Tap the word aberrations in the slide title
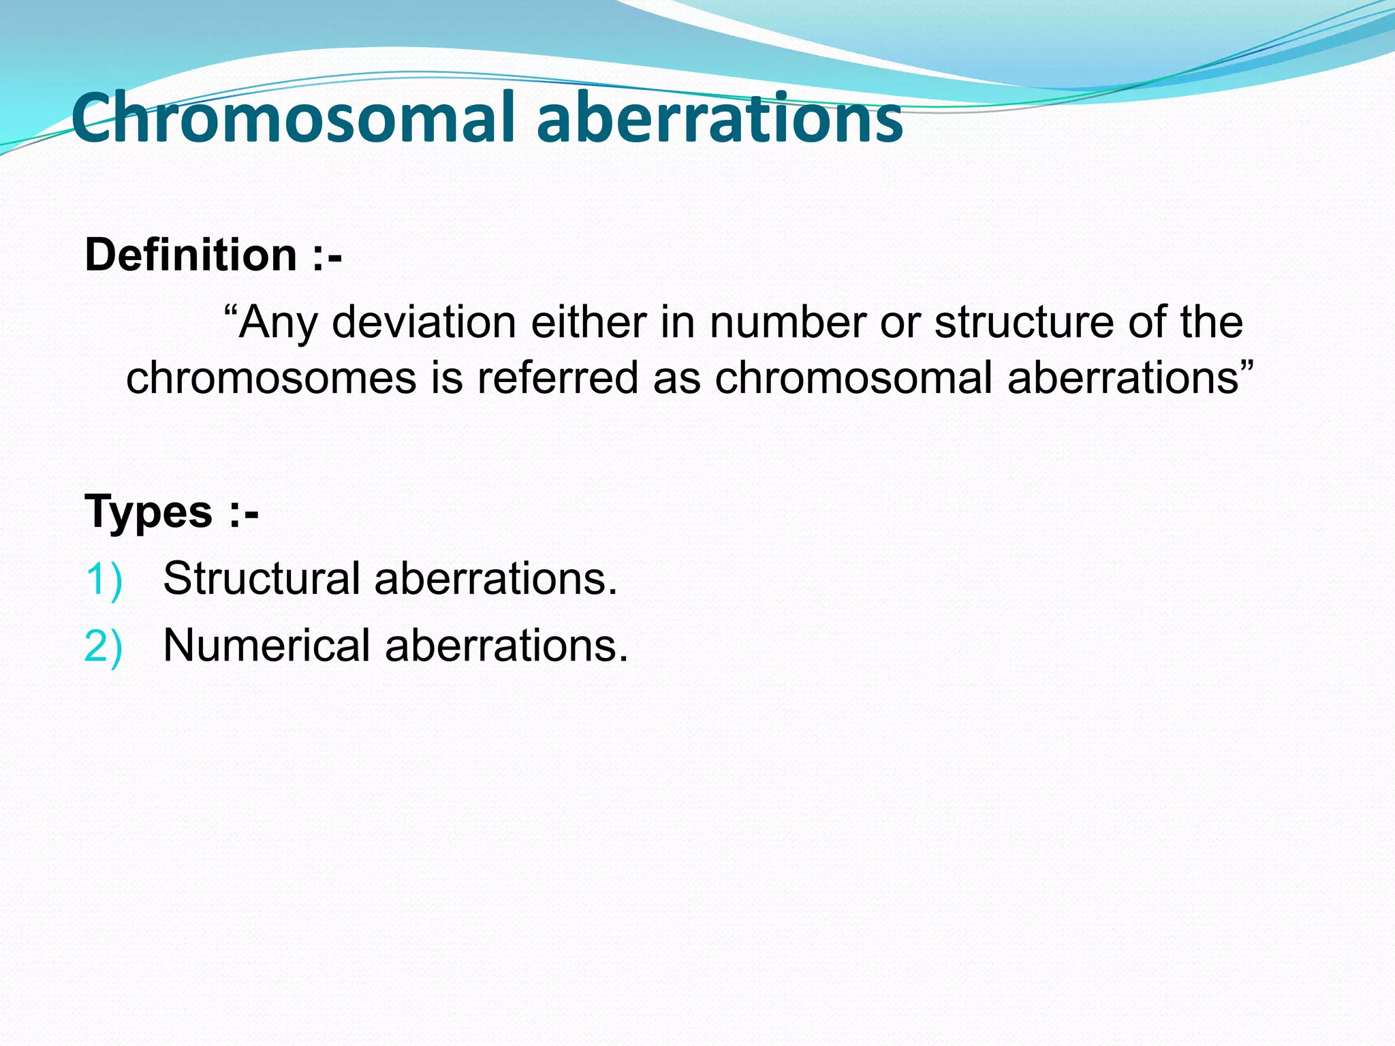click(719, 119)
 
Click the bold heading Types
click(148, 511)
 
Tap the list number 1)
click(104, 580)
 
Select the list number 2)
click(104, 646)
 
